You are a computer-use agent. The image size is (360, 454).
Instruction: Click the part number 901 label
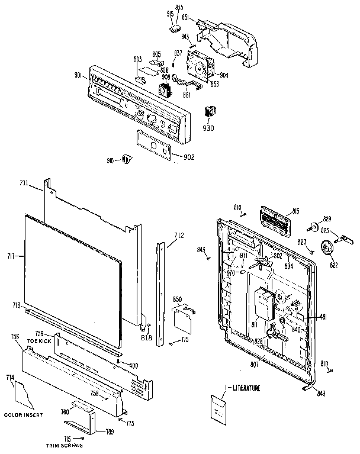[78, 75]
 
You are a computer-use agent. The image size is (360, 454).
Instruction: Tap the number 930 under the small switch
[209, 127]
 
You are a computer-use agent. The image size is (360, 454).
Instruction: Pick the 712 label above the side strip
[179, 235]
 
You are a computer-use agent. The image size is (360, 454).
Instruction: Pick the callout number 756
[15, 336]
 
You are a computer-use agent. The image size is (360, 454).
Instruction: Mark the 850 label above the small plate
[178, 300]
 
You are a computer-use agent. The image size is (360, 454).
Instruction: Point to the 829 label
[327, 219]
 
